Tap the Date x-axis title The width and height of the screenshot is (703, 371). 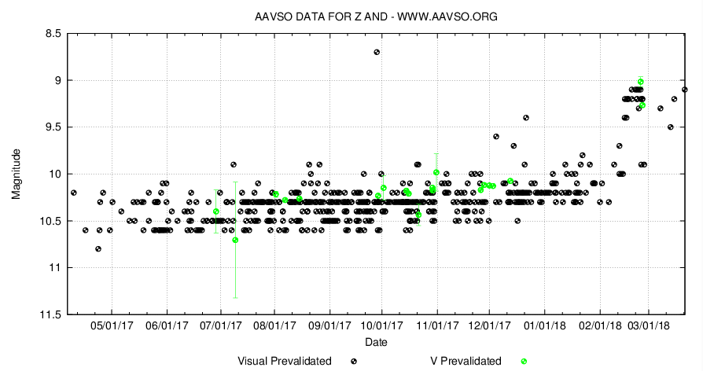(x=376, y=343)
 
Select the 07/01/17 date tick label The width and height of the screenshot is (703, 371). (x=220, y=325)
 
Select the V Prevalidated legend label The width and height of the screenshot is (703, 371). (x=466, y=362)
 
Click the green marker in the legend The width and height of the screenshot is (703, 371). (x=524, y=362)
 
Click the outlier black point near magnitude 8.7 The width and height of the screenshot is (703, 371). (x=377, y=52)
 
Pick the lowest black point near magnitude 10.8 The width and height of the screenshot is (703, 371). (x=98, y=249)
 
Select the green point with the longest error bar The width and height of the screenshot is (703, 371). (x=236, y=240)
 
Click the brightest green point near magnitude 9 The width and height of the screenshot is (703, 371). (x=641, y=82)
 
